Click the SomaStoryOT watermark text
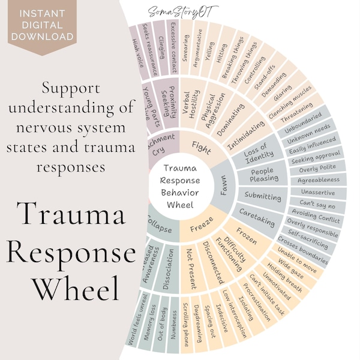coord(194,10)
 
